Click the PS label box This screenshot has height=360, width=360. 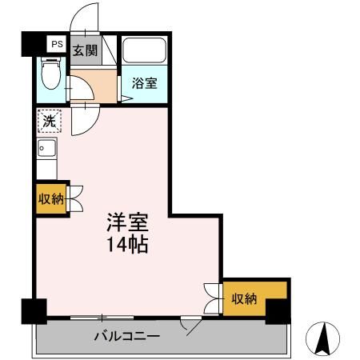click(x=56, y=45)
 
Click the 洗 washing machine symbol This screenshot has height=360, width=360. click(x=47, y=122)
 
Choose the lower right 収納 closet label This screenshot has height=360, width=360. click(x=244, y=298)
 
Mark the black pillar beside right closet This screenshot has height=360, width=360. click(x=277, y=310)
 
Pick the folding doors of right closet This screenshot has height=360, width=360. click(x=212, y=298)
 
